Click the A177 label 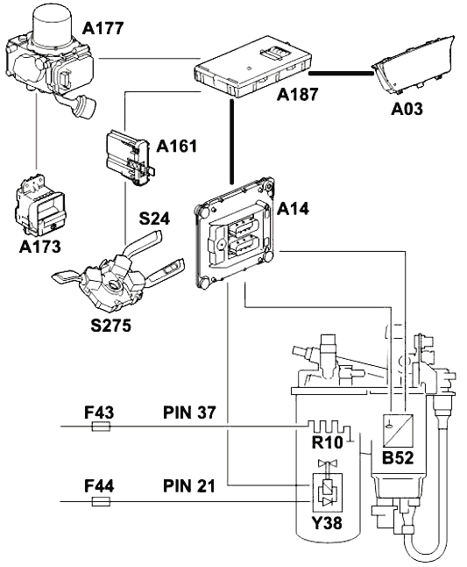(103, 28)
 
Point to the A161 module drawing (131, 158)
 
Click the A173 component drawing (40, 205)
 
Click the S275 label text (110, 326)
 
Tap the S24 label (154, 219)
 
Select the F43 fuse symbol (102, 427)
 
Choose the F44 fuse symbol (101, 501)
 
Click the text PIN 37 (190, 413)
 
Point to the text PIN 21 (189, 486)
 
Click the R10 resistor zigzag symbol (329, 427)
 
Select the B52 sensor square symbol (398, 431)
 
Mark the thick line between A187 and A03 (341, 74)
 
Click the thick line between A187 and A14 (231, 141)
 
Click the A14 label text (293, 209)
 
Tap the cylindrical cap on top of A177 (52, 25)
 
